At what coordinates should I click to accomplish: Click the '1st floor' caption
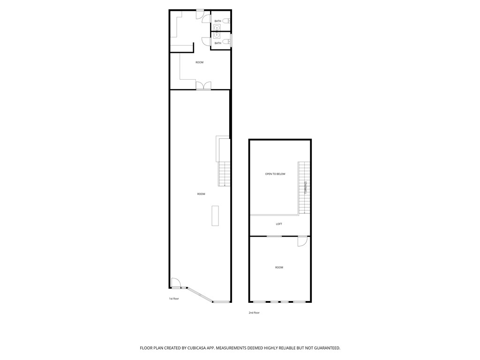pyautogui.click(x=173, y=299)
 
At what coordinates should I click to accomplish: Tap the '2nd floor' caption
pyautogui.click(x=254, y=313)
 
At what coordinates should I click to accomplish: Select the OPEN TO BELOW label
pyautogui.click(x=275, y=174)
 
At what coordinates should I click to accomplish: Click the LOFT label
pyautogui.click(x=279, y=224)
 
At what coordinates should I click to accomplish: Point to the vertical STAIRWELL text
pyautogui.click(x=305, y=187)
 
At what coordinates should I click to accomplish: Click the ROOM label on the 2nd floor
pyautogui.click(x=279, y=268)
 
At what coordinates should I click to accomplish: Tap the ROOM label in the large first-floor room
pyautogui.click(x=201, y=194)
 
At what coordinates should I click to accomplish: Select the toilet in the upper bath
pyautogui.click(x=226, y=21)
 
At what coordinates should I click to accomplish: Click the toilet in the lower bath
pyautogui.click(x=226, y=42)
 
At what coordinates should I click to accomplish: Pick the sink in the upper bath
pyautogui.click(x=217, y=28)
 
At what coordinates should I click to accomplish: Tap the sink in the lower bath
pyautogui.click(x=217, y=35)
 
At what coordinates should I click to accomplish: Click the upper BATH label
pyautogui.click(x=217, y=21)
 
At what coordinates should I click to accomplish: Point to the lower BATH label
pyautogui.click(x=217, y=43)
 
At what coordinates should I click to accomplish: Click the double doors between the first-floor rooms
pyautogui.click(x=203, y=86)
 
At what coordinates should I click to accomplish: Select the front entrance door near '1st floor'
pyautogui.click(x=176, y=283)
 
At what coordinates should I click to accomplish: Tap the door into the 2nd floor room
pyautogui.click(x=302, y=241)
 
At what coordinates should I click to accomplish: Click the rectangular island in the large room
pyautogui.click(x=215, y=216)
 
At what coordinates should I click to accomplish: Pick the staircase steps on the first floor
pyautogui.click(x=224, y=174)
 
